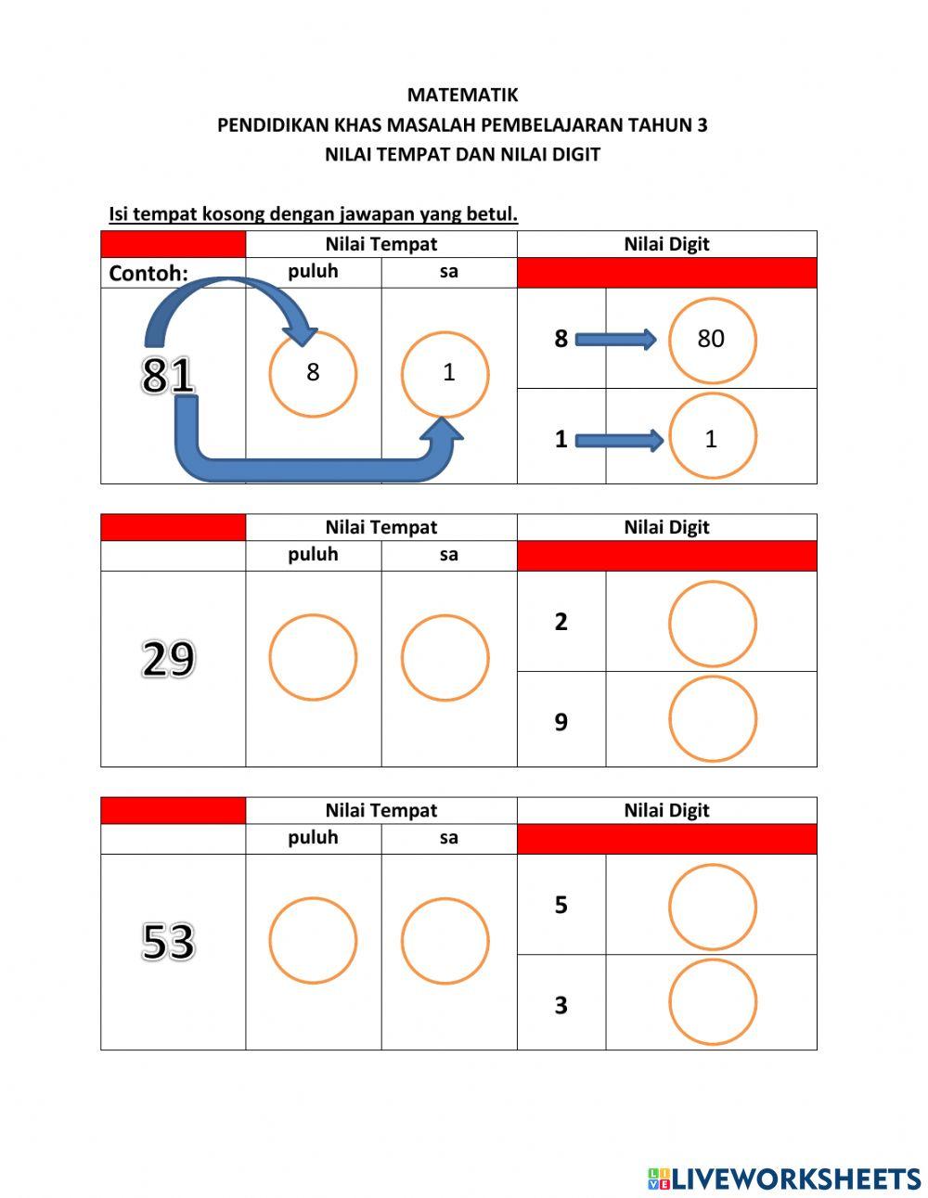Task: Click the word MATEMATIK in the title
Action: (462, 95)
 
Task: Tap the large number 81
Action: (168, 375)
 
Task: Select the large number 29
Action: (168, 659)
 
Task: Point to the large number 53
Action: (168, 941)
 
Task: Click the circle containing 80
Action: (712, 340)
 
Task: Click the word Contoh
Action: (148, 273)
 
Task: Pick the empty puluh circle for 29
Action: (313, 657)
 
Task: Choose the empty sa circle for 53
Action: (445, 940)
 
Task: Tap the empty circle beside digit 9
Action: (712, 719)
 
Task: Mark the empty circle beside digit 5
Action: (712, 907)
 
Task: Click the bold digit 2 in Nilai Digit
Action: (561, 622)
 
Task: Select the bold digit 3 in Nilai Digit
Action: (561, 1005)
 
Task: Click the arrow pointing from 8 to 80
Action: (615, 340)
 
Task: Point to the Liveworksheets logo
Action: (784, 1179)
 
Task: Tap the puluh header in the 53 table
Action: (313, 837)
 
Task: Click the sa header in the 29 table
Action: (448, 555)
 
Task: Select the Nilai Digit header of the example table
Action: (666, 244)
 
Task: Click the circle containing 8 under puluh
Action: (313, 373)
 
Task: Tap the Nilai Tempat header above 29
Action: (380, 527)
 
